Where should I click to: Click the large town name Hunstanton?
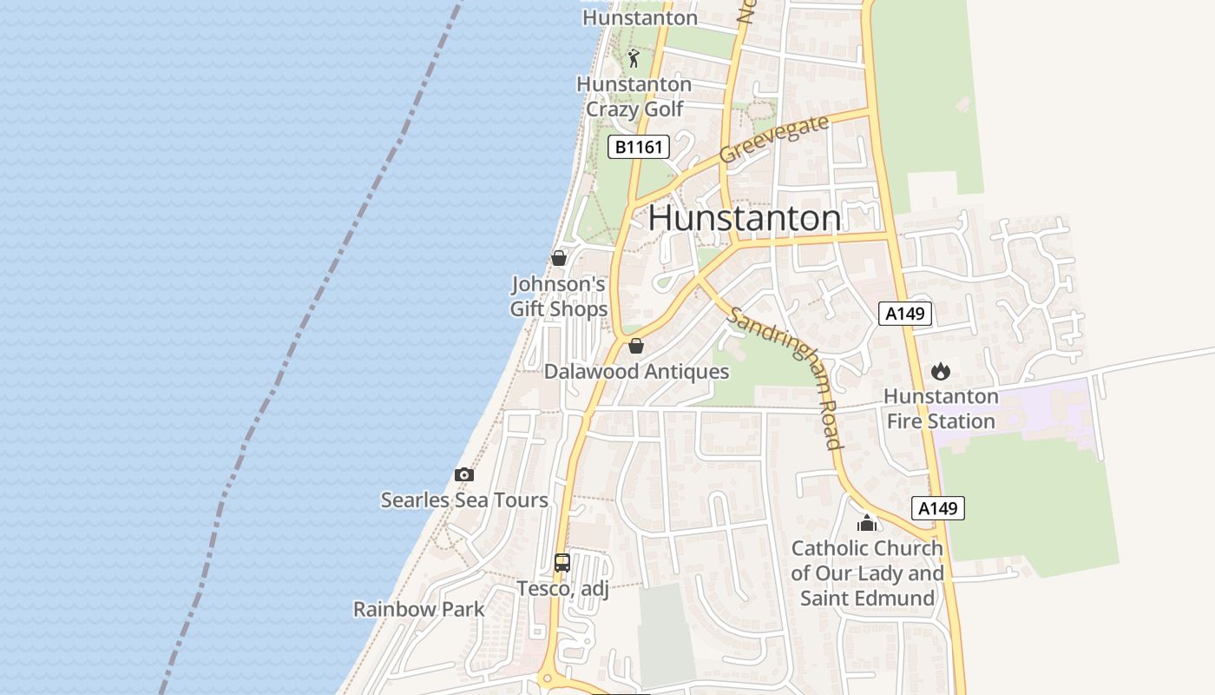coord(744,218)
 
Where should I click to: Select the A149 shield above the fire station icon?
coord(904,314)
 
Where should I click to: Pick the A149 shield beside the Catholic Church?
coord(937,508)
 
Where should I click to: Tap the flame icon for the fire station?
coord(940,372)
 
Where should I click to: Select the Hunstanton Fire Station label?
coord(940,409)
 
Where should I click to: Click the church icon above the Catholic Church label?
coord(866,523)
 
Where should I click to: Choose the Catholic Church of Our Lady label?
coord(867,573)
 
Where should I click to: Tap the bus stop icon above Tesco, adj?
coord(562,562)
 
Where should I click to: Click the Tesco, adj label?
coord(562,589)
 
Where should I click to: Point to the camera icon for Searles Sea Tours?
coord(464,474)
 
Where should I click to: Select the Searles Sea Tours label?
coord(464,500)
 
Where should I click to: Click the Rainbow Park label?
coord(418,609)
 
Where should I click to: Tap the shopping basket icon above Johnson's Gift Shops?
coord(559,258)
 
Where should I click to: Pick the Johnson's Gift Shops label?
coord(558,296)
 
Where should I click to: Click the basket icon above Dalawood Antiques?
coord(636,346)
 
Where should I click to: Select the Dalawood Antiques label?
coord(636,372)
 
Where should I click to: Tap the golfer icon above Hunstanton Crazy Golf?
coord(634,58)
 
